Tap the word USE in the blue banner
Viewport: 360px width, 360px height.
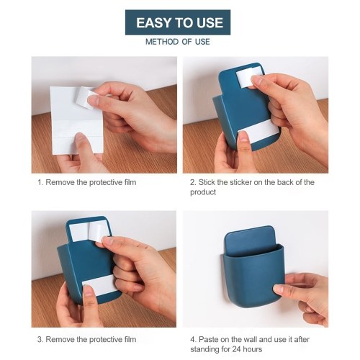tap(210, 23)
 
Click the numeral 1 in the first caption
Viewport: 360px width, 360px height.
tap(40, 182)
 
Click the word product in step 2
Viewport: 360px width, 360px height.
tap(203, 192)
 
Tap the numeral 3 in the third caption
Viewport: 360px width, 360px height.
tap(40, 339)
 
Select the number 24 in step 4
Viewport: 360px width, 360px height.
tap(235, 349)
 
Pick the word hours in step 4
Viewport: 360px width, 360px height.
tap(252, 349)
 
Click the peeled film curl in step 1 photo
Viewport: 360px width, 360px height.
tap(85, 97)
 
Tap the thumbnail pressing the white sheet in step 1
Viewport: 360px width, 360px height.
tap(80, 138)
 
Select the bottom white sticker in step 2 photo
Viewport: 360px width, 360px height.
tap(258, 130)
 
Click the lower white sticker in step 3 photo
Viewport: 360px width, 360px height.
tap(99, 285)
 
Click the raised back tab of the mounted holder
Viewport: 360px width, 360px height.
tap(249, 240)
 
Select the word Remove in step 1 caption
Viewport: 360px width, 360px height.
tap(60, 182)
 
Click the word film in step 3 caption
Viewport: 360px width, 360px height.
tap(130, 339)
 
